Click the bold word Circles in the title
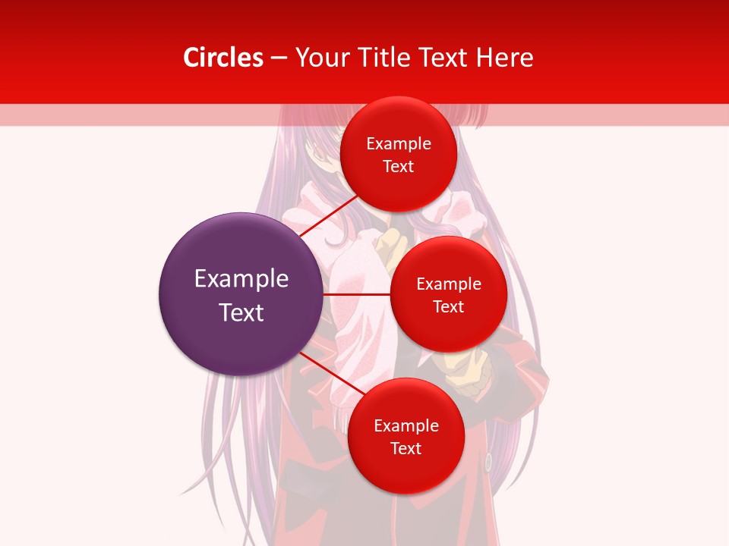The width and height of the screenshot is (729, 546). tap(223, 58)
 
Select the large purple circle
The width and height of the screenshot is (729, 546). tap(241, 294)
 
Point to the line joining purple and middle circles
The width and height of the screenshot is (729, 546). tap(357, 294)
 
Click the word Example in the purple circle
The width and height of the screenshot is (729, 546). tap(241, 279)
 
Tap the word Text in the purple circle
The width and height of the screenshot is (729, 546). tap(241, 312)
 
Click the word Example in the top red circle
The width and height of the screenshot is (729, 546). tap(399, 144)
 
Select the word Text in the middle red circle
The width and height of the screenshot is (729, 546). tap(449, 306)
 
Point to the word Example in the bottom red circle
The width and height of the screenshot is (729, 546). tap(406, 426)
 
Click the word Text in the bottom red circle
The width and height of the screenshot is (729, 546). tap(406, 448)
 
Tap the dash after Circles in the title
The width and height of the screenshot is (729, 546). tap(278, 58)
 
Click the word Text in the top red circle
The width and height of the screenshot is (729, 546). tap(399, 166)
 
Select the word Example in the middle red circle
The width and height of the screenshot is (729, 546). tap(449, 284)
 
